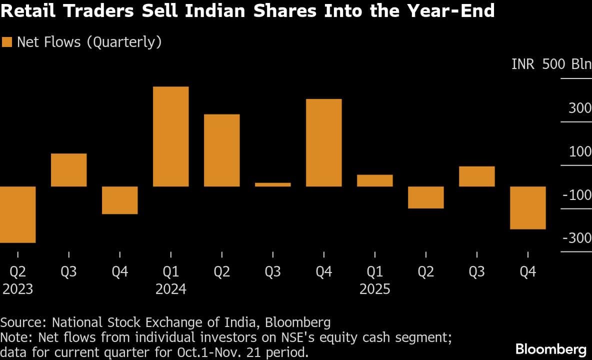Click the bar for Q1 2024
pos(170,136)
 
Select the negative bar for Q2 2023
pos(17,214)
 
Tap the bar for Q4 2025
pos(527,207)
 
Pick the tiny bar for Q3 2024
pos(272,184)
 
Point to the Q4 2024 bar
pos(323,142)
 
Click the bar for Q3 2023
pos(69,170)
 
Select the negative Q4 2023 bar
pos(120,200)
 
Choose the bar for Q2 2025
pos(425,197)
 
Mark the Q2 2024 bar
pos(221,150)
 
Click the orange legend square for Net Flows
pos(7,42)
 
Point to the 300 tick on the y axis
pos(580,108)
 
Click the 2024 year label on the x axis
pos(170,289)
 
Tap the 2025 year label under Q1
pos(375,289)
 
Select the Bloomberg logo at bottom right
pos(550,348)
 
